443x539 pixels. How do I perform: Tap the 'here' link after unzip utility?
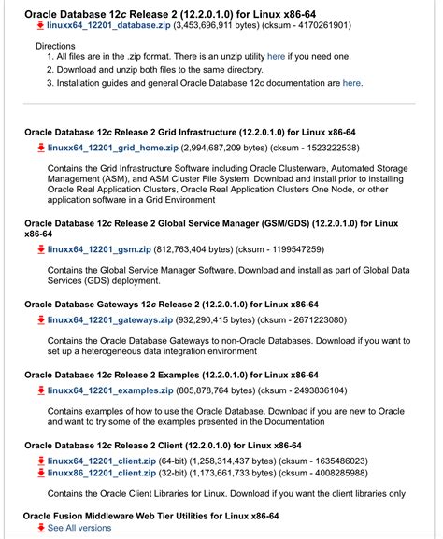pyautogui.click(x=276, y=57)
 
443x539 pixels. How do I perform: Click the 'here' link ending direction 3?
pyautogui.click(x=351, y=83)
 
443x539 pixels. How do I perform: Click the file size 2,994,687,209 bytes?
pyautogui.click(x=226, y=148)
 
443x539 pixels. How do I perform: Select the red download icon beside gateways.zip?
pyautogui.click(x=41, y=320)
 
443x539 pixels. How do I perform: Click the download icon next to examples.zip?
pyautogui.click(x=41, y=390)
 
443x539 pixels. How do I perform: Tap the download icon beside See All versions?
pyautogui.click(x=41, y=528)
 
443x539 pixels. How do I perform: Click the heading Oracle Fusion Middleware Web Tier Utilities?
pyautogui.click(x=159, y=515)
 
